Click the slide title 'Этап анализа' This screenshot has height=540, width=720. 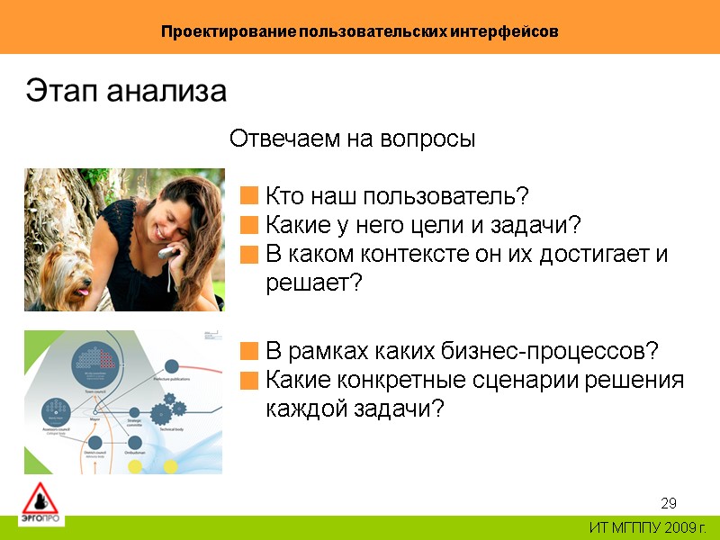[x=126, y=92]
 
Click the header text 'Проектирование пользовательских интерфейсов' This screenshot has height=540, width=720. [x=360, y=31]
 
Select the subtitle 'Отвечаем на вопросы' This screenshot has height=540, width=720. [x=352, y=139]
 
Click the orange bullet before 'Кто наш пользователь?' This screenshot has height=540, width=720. [x=249, y=195]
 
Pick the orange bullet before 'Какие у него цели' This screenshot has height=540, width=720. [x=249, y=224]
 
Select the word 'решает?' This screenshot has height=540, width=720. [x=313, y=283]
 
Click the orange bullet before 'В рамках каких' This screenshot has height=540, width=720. [x=249, y=349]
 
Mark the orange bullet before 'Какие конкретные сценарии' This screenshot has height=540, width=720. [x=249, y=379]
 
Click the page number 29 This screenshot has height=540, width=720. [x=668, y=502]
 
